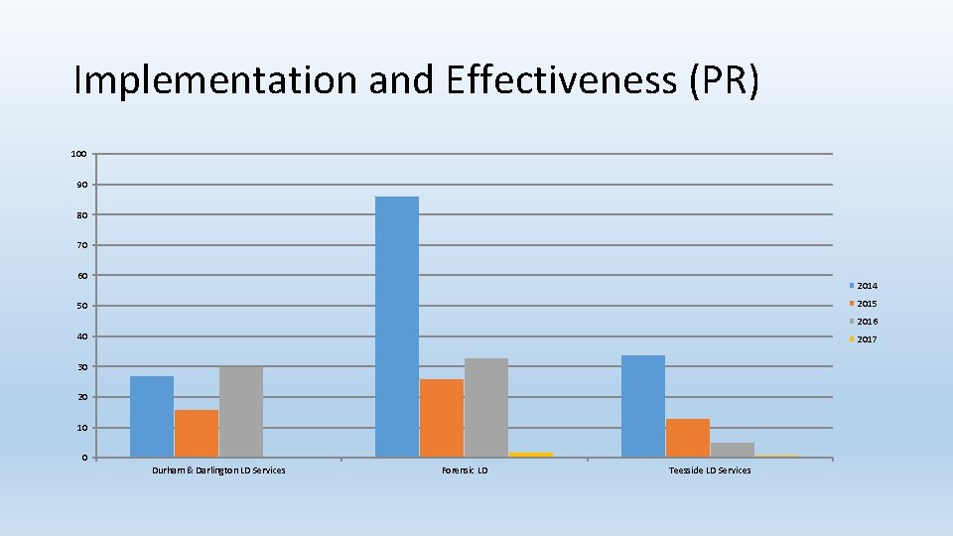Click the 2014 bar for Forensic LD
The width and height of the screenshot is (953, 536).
coord(397,327)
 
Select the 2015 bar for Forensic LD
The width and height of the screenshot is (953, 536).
coord(442,418)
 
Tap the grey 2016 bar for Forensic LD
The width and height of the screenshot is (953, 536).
coord(486,408)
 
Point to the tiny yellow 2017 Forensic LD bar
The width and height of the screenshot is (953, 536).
coord(531,455)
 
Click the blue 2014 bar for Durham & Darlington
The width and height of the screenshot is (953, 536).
coord(152,417)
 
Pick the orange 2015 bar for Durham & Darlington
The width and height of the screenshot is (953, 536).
coord(197,434)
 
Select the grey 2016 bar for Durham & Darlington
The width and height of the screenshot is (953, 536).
coord(241,412)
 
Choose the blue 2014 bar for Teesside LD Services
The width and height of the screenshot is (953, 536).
coord(643,406)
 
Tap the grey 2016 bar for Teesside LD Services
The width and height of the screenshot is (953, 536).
coord(733,450)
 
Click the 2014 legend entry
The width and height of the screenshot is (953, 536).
coord(863,286)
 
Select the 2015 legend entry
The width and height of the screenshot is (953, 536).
coord(863,304)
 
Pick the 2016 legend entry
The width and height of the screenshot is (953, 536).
coord(863,322)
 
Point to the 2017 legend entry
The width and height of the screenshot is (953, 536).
coord(863,339)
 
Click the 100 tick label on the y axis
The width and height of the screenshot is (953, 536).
coord(78,154)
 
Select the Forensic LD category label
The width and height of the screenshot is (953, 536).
coord(465,470)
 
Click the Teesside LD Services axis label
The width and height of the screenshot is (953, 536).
coord(710,470)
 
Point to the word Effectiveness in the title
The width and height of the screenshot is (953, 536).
coord(561,80)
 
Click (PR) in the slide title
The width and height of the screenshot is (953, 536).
coord(723,80)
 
